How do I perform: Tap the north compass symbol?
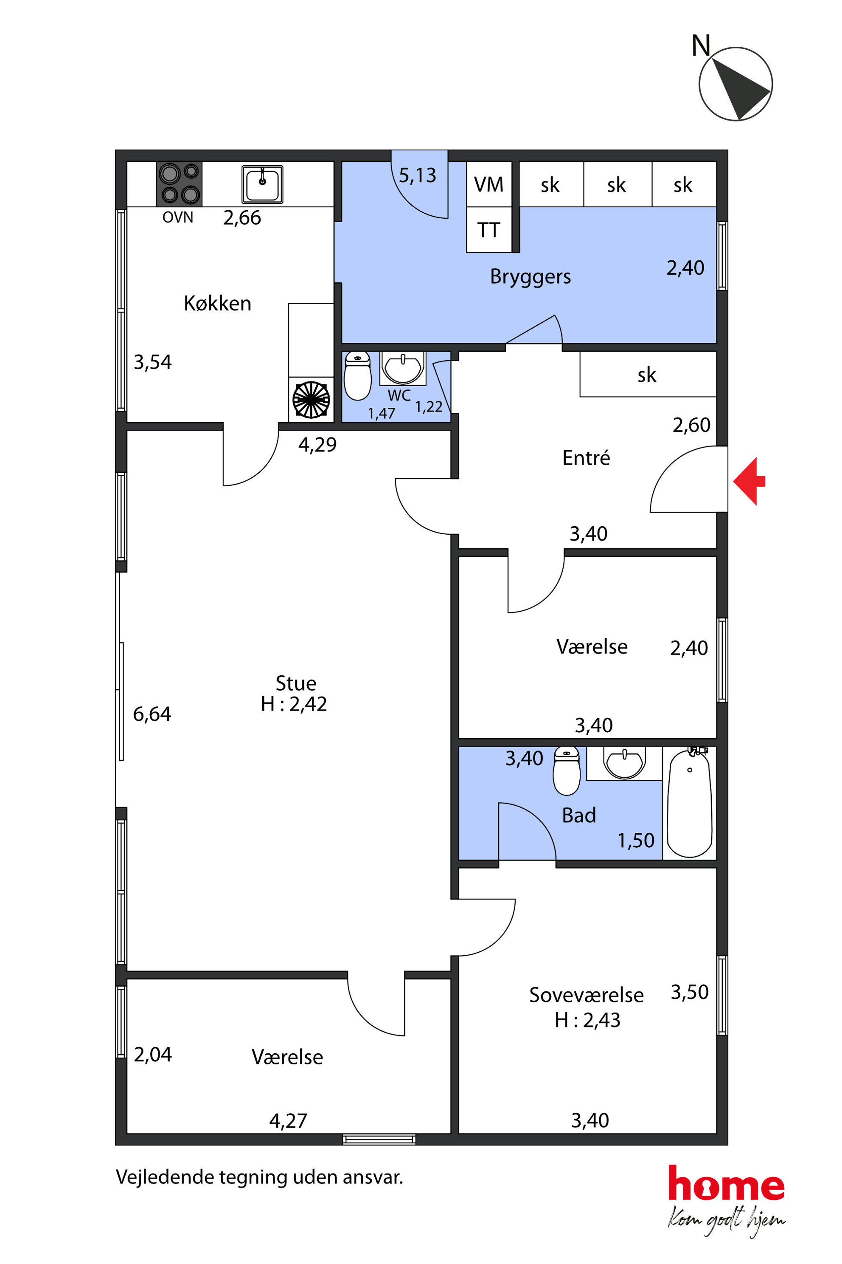coord(735,83)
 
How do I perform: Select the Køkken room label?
coord(217,303)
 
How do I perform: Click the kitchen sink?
coord(262,184)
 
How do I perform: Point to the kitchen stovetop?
coord(180,184)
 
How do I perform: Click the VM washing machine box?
coord(488,184)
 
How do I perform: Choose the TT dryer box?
coord(488,229)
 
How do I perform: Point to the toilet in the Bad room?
coord(567,770)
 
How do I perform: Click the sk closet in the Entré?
coord(648,375)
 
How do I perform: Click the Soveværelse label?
coord(587,995)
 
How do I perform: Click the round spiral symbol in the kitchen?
coord(311,399)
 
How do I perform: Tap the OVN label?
coord(178,217)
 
